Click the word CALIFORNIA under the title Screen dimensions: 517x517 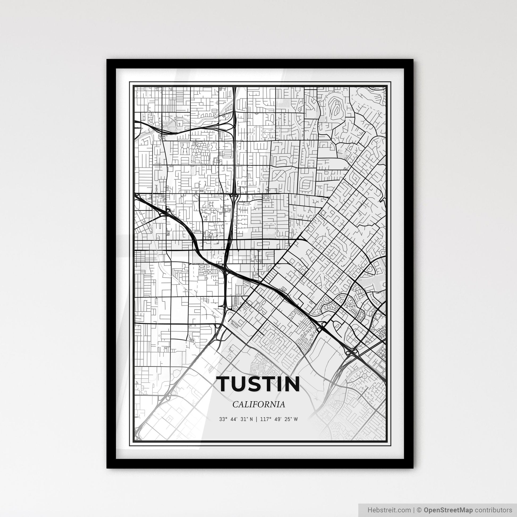[x=258, y=404]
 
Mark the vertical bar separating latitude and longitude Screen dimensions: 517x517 [x=256, y=419]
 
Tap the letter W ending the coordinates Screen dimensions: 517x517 [x=295, y=419]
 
